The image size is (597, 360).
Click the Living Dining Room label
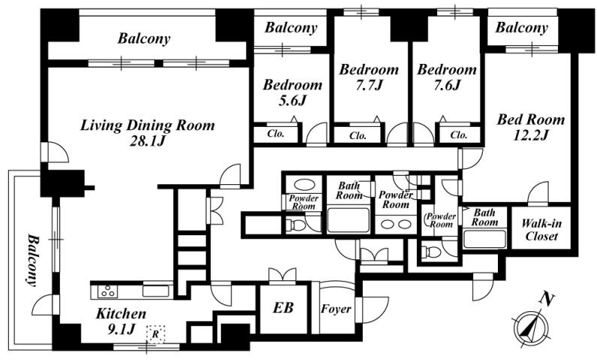147,126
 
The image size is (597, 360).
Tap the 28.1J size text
147,142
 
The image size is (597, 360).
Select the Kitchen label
121,314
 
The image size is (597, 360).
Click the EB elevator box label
283,307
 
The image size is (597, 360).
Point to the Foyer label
336,309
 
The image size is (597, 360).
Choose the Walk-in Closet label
541,230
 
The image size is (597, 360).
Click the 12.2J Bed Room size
530,135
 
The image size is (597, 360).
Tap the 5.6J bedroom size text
292,101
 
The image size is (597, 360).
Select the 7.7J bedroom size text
369,86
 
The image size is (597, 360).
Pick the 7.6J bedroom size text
447,86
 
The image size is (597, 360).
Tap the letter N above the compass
547,300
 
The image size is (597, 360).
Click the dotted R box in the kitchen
155,334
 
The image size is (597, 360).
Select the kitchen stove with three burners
107,291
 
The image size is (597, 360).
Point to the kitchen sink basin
155,291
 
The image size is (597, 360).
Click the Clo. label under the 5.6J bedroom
276,134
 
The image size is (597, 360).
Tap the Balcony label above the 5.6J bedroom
291,28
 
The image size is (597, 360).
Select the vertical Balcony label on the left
34,260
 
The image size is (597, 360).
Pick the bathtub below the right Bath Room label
484,238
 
